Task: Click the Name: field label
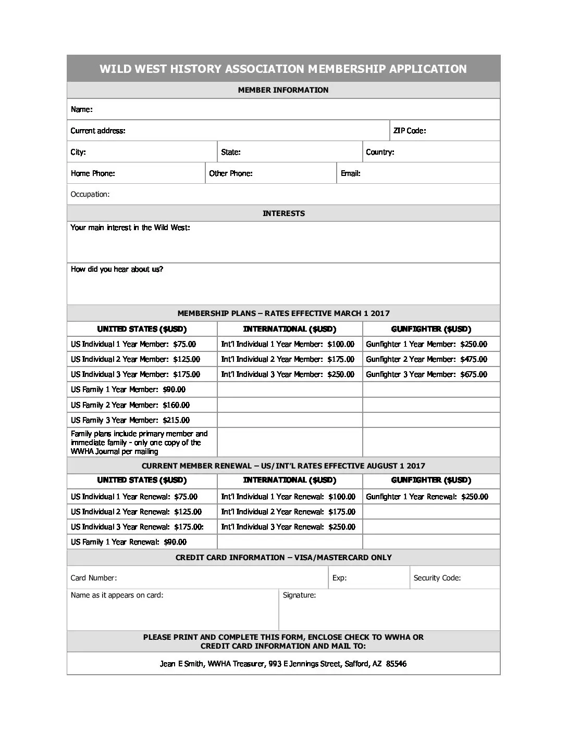[82, 109]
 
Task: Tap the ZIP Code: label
[410, 131]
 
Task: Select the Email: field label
[351, 173]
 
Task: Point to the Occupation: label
[90, 194]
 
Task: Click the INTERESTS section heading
[283, 213]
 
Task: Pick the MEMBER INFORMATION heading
[283, 90]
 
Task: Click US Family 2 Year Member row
[130, 405]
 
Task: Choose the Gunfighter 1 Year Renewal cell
[427, 497]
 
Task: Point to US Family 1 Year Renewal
[129, 542]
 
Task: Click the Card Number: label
[94, 578]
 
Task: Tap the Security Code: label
[437, 578]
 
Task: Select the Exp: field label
[340, 578]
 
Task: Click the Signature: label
[299, 595]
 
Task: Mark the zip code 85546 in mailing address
[396, 664]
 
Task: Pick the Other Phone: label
[231, 173]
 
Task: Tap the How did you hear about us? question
[117, 269]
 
